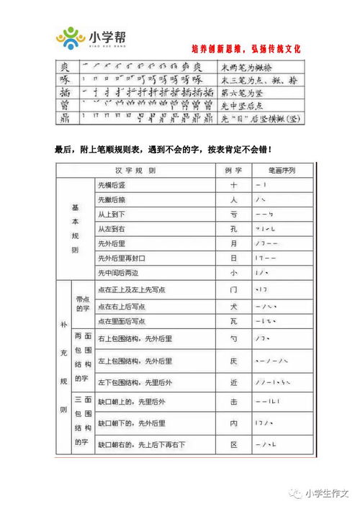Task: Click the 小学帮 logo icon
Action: coord(71,37)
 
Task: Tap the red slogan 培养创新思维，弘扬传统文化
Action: coord(246,49)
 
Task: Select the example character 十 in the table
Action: coord(233,185)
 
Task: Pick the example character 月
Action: coord(233,244)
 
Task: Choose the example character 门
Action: coord(233,289)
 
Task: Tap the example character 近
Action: coord(233,380)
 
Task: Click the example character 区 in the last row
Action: coord(233,445)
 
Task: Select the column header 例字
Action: coord(233,170)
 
